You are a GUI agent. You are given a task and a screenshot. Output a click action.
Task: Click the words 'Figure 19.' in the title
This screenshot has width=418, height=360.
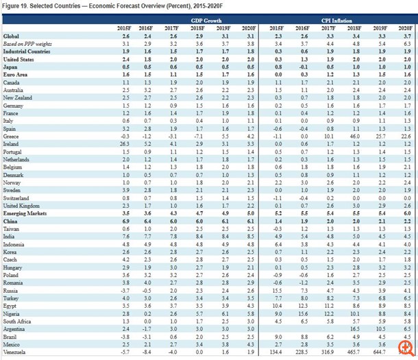click(16, 5)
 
